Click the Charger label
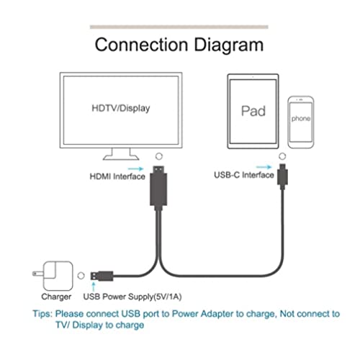[x=55, y=296]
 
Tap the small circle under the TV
[x=158, y=155]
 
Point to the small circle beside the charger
[x=80, y=274]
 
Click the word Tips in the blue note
[x=45, y=314]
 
